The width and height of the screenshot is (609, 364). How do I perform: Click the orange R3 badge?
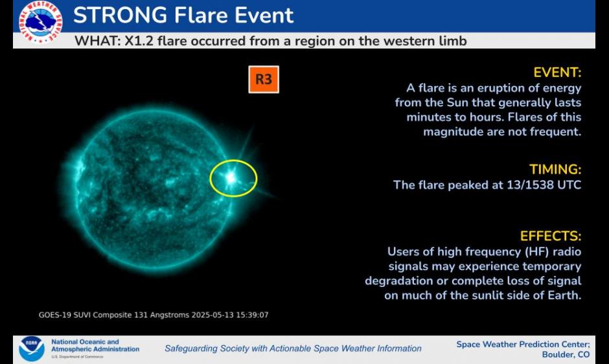click(x=264, y=80)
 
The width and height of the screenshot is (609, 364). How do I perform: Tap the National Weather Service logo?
click(x=40, y=22)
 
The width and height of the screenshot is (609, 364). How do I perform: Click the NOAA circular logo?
click(x=32, y=349)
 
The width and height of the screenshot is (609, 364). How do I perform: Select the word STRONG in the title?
click(x=121, y=15)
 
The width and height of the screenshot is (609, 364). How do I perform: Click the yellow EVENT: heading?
click(x=557, y=73)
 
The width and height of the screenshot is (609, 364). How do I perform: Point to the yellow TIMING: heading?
click(x=555, y=170)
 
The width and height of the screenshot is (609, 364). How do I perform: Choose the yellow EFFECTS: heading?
click(x=551, y=236)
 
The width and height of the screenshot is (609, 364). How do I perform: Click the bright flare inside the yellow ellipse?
click(x=231, y=177)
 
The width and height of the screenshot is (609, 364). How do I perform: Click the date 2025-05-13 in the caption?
click(x=213, y=315)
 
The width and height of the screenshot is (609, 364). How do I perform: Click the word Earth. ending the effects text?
click(x=564, y=295)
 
